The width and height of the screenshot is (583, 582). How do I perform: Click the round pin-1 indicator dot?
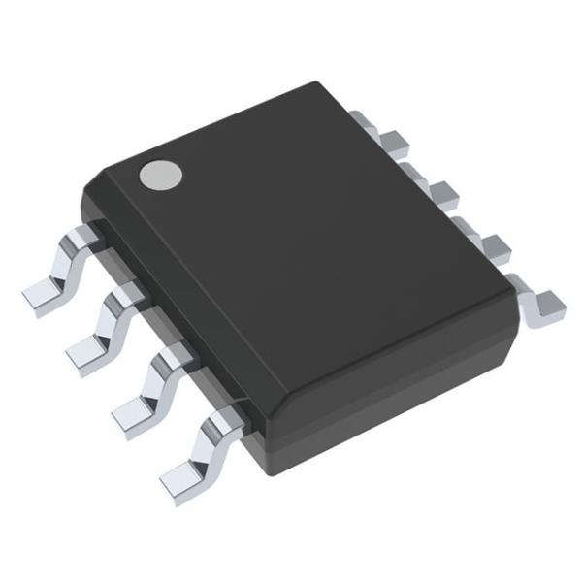click(x=161, y=174)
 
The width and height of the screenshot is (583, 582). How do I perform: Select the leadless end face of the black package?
click(x=388, y=398)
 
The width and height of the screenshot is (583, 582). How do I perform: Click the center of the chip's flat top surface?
click(x=301, y=242)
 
